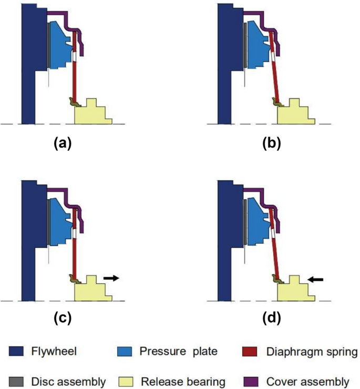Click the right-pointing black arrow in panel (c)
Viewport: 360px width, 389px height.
point(111,277)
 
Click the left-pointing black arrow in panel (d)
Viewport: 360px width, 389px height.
point(315,280)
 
